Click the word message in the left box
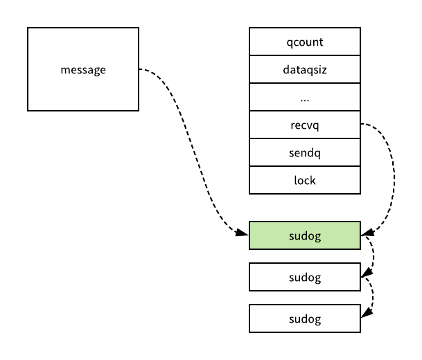click(x=83, y=70)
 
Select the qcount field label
click(x=305, y=42)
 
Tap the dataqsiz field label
click(x=305, y=70)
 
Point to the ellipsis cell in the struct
click(x=305, y=97)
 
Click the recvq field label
click(x=305, y=125)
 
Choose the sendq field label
click(x=305, y=153)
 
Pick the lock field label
click(x=305, y=181)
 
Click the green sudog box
click(x=305, y=235)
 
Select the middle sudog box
click(x=305, y=277)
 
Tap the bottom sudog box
click(x=305, y=318)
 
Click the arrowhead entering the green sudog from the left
click(x=242, y=233)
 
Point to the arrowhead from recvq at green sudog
click(x=367, y=233)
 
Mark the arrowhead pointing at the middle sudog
click(x=367, y=273)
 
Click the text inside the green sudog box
click(x=305, y=236)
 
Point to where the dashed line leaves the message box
click(x=139, y=69)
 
